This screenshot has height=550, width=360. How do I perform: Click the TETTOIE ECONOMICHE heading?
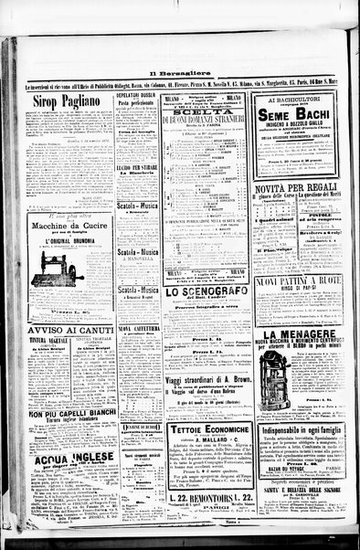pos(209,428)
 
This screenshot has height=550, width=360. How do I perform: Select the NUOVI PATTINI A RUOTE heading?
pos(299,282)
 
